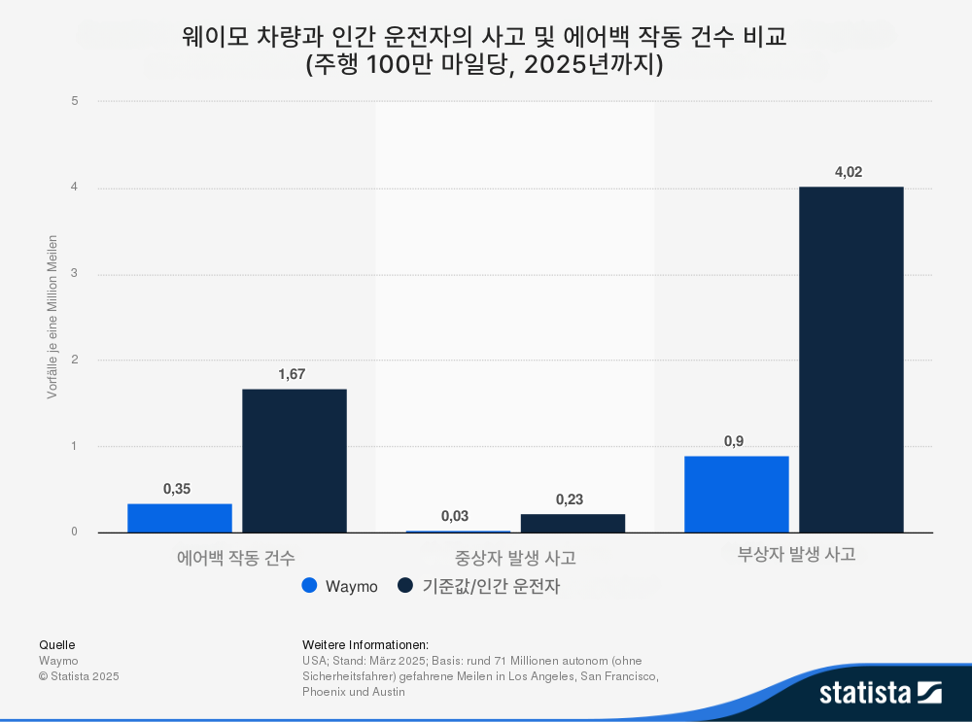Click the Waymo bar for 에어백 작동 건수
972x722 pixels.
(180, 518)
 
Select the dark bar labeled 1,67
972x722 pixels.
(295, 461)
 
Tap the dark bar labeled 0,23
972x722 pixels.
(573, 523)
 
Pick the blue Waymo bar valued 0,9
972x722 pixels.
(737, 494)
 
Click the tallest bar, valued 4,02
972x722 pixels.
(851, 360)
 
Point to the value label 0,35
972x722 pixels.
(177, 489)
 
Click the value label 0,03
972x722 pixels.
(455, 516)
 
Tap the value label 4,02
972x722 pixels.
(849, 172)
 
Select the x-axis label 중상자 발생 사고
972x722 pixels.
(516, 558)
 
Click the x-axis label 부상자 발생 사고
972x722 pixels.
(797, 554)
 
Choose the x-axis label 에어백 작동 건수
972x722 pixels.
(236, 558)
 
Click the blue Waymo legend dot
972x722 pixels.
(309, 585)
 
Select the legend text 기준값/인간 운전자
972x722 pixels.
(491, 586)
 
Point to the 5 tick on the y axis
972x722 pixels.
(75, 101)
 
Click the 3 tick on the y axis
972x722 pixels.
(75, 273)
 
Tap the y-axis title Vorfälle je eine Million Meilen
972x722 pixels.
(52, 317)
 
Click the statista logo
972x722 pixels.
(881, 692)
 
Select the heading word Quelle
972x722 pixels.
(57, 645)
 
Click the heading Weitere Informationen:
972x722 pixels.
(365, 645)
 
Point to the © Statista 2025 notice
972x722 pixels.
(79, 676)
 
